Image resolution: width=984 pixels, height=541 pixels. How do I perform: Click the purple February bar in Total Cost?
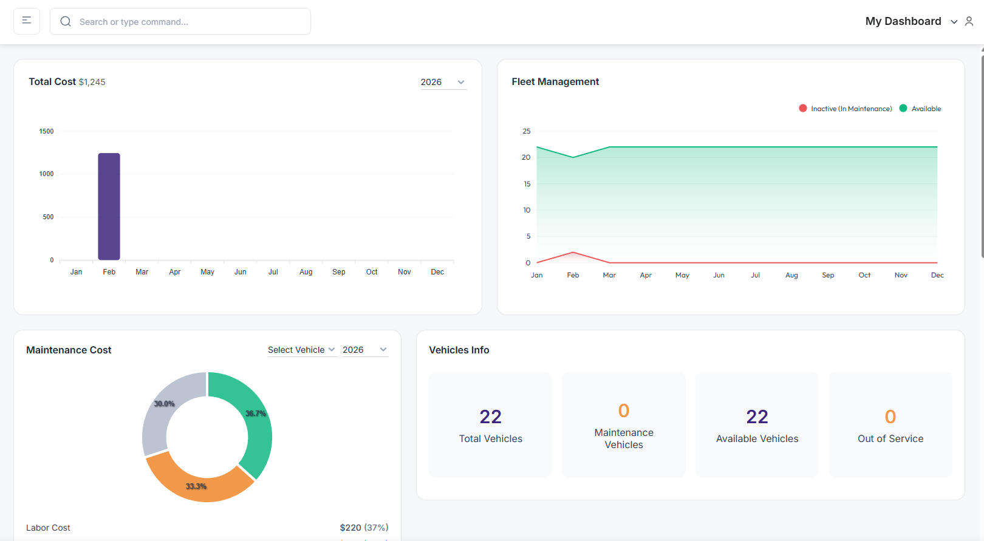(x=109, y=206)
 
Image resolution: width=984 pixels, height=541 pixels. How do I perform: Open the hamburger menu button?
(x=27, y=21)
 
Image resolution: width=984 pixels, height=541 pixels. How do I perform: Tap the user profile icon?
(x=969, y=21)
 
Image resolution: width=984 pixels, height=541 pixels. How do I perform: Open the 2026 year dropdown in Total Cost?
(x=443, y=82)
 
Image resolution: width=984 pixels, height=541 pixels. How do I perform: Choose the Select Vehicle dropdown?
(x=301, y=350)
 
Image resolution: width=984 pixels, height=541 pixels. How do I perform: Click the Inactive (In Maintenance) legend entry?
(x=846, y=109)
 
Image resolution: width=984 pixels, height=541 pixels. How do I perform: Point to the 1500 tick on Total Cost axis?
(x=47, y=131)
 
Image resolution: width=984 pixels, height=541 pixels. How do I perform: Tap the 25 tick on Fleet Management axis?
(x=526, y=131)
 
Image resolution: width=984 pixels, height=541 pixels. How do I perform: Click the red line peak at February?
(x=573, y=252)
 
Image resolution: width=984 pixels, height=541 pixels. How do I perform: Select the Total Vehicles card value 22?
(x=490, y=417)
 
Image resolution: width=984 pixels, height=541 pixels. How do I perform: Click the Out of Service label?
(x=890, y=438)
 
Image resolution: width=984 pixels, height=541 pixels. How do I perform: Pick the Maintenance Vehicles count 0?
(x=623, y=410)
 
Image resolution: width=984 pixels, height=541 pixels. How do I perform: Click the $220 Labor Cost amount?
(x=350, y=528)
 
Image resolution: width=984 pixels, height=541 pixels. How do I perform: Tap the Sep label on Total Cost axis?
(x=339, y=272)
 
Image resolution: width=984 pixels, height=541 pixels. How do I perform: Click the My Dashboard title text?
(x=903, y=21)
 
